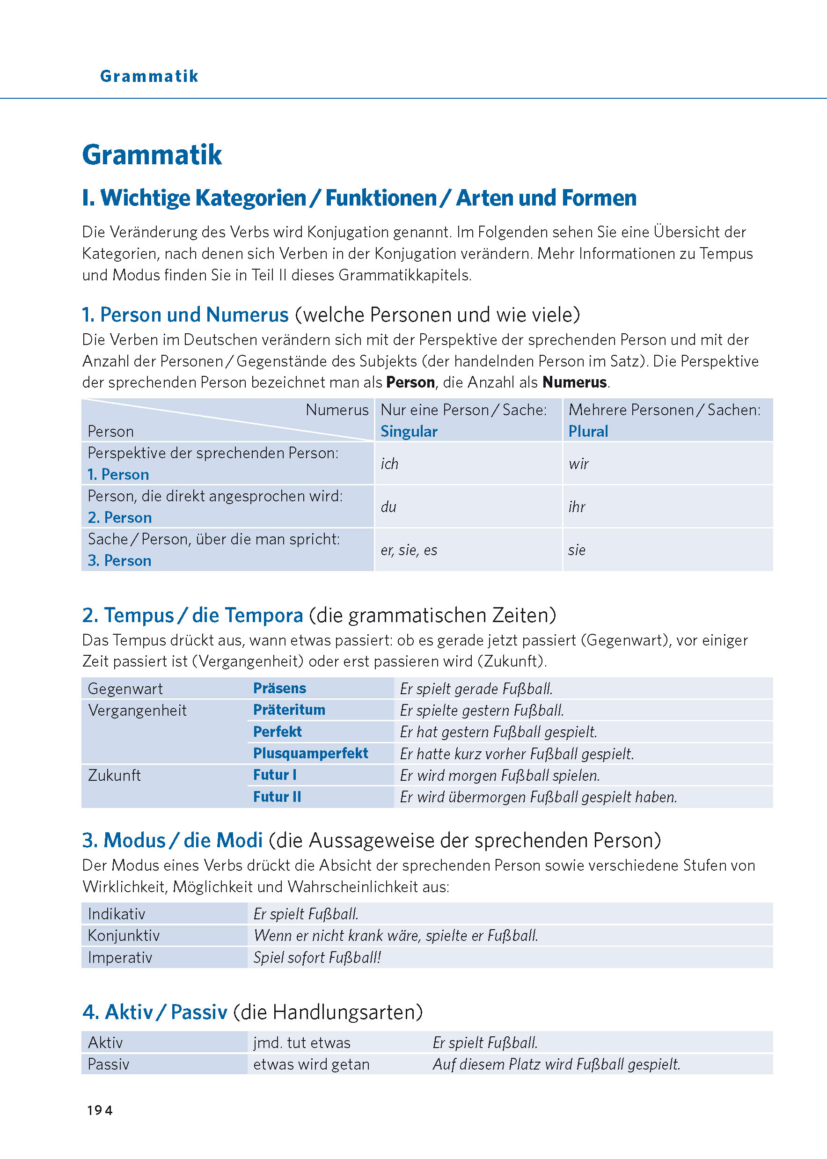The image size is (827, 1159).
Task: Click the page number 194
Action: coord(100,1110)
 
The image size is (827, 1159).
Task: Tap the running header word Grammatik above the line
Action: coord(149,76)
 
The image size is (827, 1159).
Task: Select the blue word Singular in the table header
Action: coord(409,431)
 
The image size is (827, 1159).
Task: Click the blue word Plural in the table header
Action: coord(588,431)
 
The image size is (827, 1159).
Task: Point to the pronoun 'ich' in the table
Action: coord(389,463)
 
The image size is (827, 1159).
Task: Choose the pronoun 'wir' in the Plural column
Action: coord(578,463)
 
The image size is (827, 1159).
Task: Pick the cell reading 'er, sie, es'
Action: coord(409,550)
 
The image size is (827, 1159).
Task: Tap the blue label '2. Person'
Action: coord(120,517)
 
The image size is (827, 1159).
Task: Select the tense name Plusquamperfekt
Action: coord(311,753)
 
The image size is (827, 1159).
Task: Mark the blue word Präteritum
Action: coord(289,710)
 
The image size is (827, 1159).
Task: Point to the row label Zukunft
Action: coord(115,775)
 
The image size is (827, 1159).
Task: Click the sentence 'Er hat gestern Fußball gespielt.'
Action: coord(498,732)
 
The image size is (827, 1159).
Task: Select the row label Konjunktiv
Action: coord(124,935)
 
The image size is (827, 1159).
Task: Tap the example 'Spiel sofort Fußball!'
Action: coord(317,957)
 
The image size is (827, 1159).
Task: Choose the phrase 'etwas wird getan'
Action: coord(311,1064)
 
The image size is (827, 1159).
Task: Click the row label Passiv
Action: coord(109,1064)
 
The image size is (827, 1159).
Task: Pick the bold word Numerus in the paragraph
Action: coord(574,382)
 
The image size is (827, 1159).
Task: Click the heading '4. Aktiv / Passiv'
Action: coord(155,1012)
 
